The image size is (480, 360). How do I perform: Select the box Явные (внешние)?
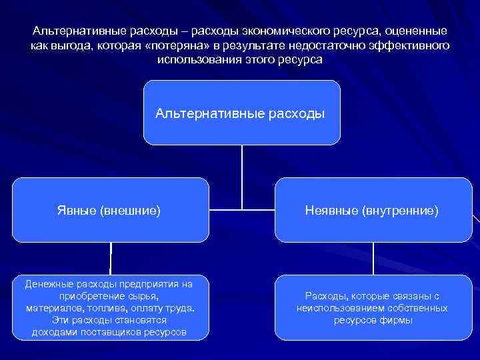[x=110, y=210]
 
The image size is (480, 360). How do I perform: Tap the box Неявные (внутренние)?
[x=372, y=210]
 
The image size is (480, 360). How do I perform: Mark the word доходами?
[x=57, y=332]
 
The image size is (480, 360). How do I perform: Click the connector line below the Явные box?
[x=111, y=258]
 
